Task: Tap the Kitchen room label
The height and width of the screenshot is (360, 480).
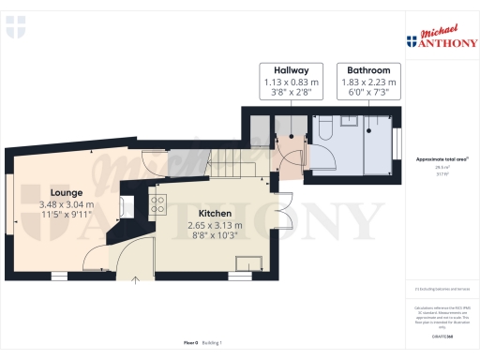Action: pos(215,214)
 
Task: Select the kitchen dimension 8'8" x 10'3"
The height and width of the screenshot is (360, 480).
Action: pos(215,237)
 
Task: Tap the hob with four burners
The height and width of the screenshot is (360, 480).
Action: pos(158,203)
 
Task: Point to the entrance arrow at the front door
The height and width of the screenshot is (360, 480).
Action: pos(135,277)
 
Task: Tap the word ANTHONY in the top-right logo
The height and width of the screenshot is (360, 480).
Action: pos(441,42)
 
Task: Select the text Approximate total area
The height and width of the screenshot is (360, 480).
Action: pos(440,159)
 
